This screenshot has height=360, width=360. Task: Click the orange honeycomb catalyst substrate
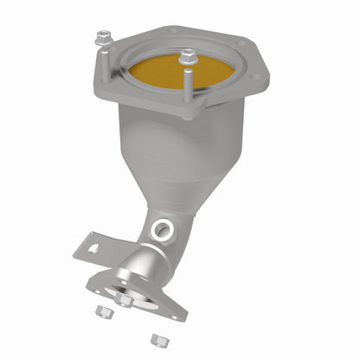164,76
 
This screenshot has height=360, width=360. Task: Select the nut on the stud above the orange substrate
187,59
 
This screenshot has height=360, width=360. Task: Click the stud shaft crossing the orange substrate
187,82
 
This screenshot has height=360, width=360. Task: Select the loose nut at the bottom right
157,340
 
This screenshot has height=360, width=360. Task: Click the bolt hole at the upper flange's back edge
172,30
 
